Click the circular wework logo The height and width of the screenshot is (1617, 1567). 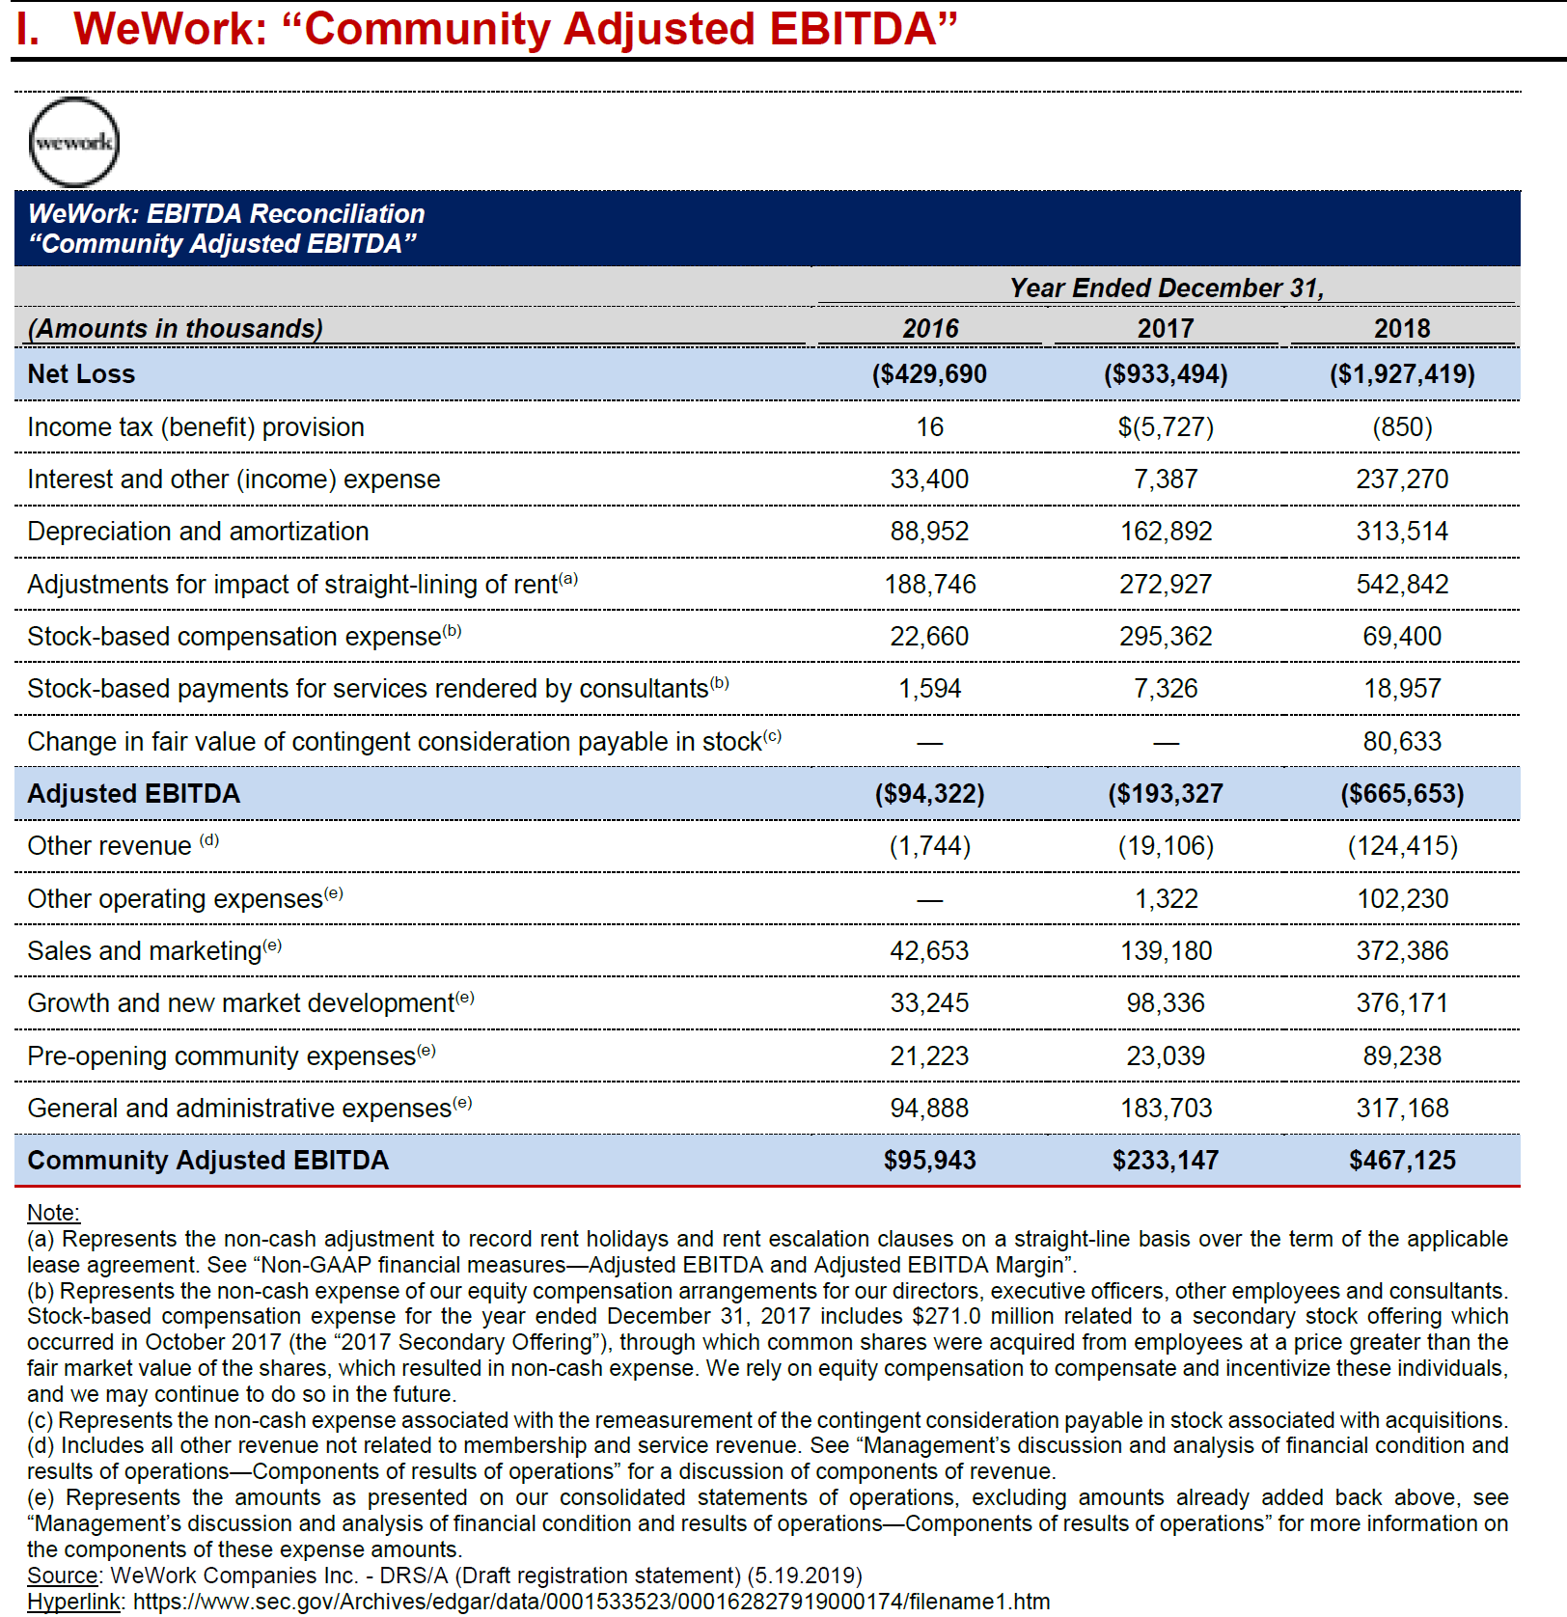pyautogui.click(x=74, y=143)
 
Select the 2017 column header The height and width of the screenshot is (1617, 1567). pyautogui.click(x=1166, y=329)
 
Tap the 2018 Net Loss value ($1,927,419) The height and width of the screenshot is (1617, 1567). pyautogui.click(x=1401, y=374)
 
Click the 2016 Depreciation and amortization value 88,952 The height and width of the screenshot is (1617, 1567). pyautogui.click(x=929, y=532)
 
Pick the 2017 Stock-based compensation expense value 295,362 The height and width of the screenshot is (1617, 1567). pyautogui.click(x=1166, y=637)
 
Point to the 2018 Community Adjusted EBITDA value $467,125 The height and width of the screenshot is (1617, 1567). pyautogui.click(x=1401, y=1161)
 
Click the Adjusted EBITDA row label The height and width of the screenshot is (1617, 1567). pyautogui.click(x=134, y=794)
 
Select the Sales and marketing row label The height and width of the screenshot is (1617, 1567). pyautogui.click(x=145, y=951)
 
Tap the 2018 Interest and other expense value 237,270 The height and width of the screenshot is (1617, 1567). pyautogui.click(x=1401, y=480)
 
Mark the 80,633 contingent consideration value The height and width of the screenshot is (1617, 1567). pyautogui.click(x=1401, y=742)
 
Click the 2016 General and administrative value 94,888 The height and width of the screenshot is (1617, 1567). pyautogui.click(x=929, y=1109)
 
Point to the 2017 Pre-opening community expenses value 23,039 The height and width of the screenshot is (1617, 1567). pyautogui.click(x=1166, y=1056)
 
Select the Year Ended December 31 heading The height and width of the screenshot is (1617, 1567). pyautogui.click(x=1166, y=288)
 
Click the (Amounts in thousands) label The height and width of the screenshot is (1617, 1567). pyautogui.click(x=175, y=329)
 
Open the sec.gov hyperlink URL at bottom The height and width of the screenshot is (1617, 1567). pyautogui.click(x=591, y=1602)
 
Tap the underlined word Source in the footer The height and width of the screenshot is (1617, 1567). pyautogui.click(x=62, y=1576)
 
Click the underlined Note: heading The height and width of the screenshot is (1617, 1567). pyautogui.click(x=53, y=1213)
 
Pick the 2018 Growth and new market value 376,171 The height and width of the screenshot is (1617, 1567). pyautogui.click(x=1401, y=1003)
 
